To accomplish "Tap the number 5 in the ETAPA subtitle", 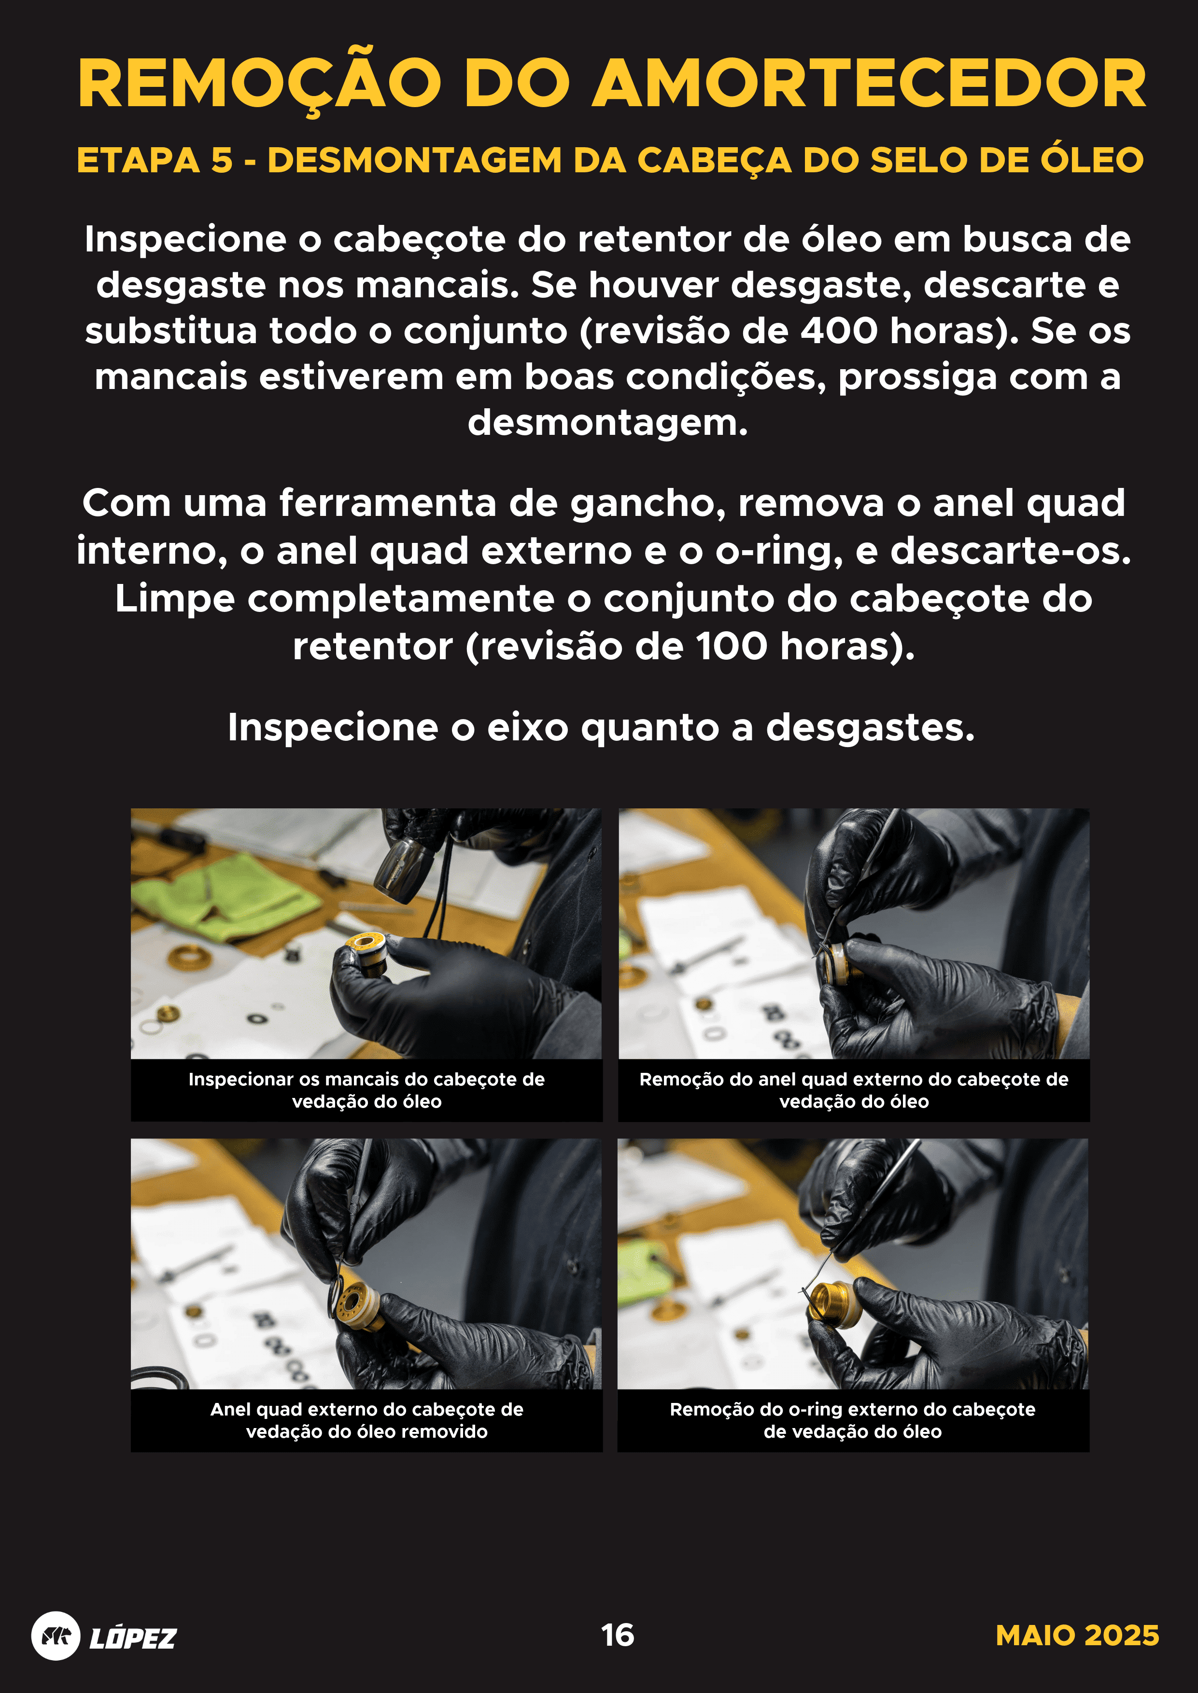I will (221, 161).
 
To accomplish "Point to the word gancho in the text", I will (648, 504).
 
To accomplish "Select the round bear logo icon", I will (56, 1636).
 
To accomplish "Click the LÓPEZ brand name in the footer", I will (133, 1637).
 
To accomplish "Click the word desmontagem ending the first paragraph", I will (607, 423).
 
